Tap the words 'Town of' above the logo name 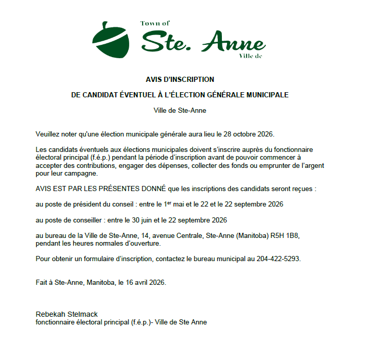point(154,23)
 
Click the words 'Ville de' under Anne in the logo point(251,56)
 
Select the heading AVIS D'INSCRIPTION point(180,80)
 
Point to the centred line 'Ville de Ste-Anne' point(180,110)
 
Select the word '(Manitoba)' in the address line point(243,235)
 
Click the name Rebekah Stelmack point(66,314)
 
